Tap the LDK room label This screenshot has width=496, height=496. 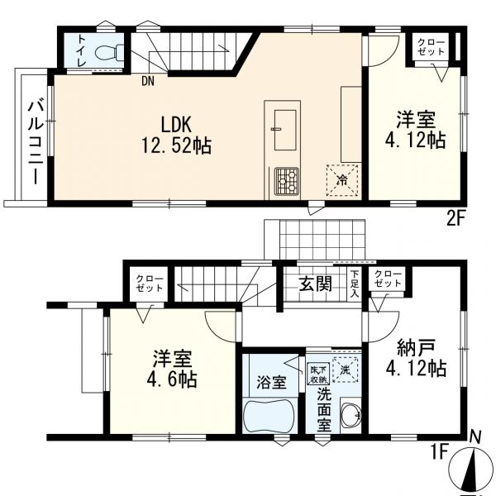[x=176, y=124]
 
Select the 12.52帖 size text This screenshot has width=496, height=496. [x=176, y=145]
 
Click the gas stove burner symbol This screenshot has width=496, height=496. [x=287, y=180]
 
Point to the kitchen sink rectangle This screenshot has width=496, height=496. [x=285, y=130]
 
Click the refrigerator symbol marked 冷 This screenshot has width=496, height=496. [x=342, y=180]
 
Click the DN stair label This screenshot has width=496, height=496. [x=148, y=82]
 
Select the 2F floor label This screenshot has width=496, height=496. [x=455, y=218]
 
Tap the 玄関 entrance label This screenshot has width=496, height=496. [x=316, y=284]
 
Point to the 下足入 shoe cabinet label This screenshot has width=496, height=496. [x=355, y=283]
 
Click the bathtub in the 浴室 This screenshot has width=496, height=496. [x=269, y=416]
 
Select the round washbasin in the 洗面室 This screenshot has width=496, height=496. [x=351, y=413]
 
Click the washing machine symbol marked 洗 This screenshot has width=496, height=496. [x=346, y=370]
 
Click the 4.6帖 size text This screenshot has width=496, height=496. [x=171, y=379]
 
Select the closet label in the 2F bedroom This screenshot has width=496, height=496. [x=431, y=47]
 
